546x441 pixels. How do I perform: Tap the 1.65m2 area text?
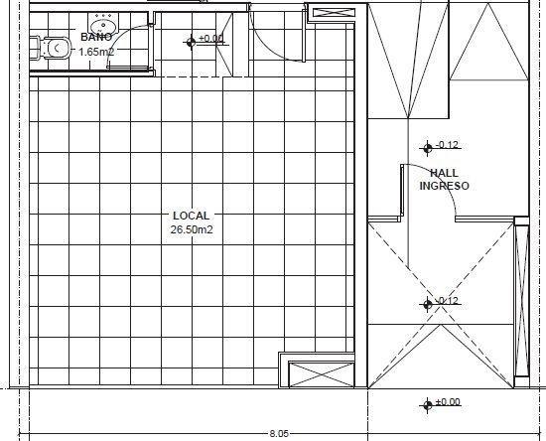[x=96, y=52]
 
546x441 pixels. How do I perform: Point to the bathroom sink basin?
[x=103, y=25]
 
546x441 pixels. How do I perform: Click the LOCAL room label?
[x=192, y=216]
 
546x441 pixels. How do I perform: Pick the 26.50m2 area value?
[x=192, y=229]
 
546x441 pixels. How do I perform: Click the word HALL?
[x=445, y=173]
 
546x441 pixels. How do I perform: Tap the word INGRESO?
[x=445, y=186]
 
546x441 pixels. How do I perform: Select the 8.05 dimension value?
[x=279, y=434]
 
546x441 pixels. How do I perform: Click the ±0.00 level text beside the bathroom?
[x=211, y=38]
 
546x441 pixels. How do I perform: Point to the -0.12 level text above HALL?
[x=447, y=145]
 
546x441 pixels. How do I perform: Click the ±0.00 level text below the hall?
[x=448, y=401]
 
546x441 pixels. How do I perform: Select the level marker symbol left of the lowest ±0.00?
[x=428, y=405]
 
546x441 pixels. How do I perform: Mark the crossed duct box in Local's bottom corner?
[x=322, y=374]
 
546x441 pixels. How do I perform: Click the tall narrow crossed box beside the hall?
[x=521, y=301]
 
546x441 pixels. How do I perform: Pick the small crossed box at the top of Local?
[x=334, y=13]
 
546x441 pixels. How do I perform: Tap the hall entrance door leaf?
[x=402, y=192]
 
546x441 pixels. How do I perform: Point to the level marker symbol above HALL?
[x=428, y=148]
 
